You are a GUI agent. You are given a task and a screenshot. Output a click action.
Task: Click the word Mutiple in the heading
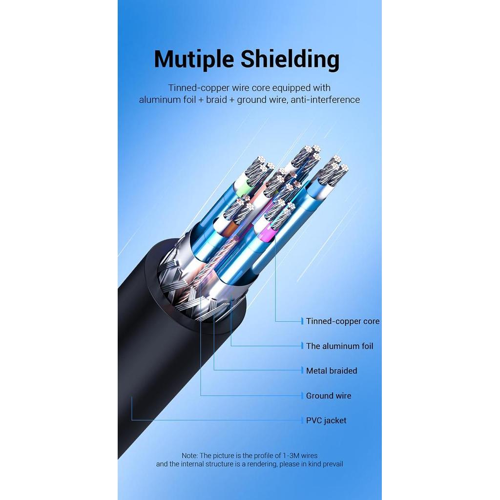click(x=194, y=60)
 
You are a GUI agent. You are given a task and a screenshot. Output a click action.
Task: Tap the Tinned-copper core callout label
click(x=343, y=321)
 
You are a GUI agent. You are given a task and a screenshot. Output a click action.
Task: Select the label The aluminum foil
click(x=340, y=346)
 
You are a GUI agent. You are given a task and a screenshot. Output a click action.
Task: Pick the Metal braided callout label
click(x=332, y=371)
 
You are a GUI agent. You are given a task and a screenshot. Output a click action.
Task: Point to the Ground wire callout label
click(x=329, y=396)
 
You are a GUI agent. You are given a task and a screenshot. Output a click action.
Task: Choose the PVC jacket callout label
click(x=326, y=420)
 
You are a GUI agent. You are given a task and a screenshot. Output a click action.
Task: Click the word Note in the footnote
click(x=189, y=456)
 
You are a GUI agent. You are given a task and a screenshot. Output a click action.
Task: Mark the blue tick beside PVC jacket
click(x=302, y=420)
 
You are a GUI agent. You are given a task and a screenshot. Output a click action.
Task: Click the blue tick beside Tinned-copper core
click(x=302, y=321)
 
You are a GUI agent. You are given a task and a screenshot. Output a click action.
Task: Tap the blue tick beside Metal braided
click(x=302, y=371)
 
